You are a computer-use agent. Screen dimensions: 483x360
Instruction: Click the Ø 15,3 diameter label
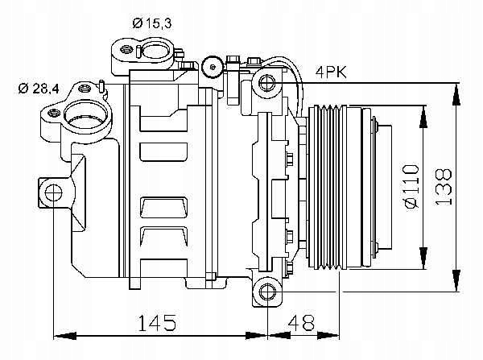click(x=152, y=23)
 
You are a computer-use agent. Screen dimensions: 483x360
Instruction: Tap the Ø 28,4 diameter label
click(x=39, y=89)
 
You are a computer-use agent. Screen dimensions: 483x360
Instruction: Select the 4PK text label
click(x=331, y=72)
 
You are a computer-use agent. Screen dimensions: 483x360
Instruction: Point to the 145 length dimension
click(x=157, y=322)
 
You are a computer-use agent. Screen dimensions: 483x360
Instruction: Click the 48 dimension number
click(x=301, y=322)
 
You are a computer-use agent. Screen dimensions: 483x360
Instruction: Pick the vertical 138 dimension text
click(x=444, y=187)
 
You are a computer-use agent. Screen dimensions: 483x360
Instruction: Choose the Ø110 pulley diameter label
click(x=412, y=187)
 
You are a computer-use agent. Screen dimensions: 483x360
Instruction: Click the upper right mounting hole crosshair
click(x=267, y=83)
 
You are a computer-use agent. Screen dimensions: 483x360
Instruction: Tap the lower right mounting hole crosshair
click(x=267, y=292)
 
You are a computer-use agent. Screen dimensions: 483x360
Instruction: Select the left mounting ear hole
click(x=53, y=192)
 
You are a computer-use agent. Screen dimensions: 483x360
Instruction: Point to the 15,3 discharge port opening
click(x=156, y=50)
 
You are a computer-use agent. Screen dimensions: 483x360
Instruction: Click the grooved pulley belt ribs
click(x=328, y=188)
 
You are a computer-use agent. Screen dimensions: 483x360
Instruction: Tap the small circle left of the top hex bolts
click(x=213, y=67)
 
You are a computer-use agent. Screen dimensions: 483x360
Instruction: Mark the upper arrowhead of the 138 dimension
click(x=456, y=94)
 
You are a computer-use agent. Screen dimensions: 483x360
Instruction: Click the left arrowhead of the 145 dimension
click(x=64, y=336)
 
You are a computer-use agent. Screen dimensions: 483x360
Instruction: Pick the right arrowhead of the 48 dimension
click(x=328, y=336)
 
